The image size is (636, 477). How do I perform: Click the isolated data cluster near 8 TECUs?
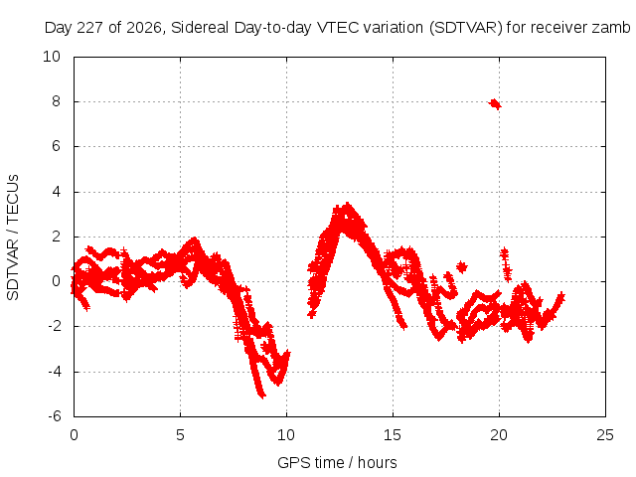coord(495,103)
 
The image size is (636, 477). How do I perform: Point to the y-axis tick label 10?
coord(52,57)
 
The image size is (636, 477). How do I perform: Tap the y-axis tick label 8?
coord(56,101)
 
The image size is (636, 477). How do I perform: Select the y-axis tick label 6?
coord(56,146)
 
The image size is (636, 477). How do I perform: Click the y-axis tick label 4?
coord(56,192)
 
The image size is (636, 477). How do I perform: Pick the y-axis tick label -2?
coord(54,326)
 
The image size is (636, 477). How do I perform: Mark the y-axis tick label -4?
coord(54,371)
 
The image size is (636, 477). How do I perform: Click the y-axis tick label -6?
coord(54,416)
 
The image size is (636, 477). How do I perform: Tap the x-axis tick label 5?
coord(180,435)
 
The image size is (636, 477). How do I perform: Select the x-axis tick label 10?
coord(286,435)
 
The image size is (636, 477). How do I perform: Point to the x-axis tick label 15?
coord(393,435)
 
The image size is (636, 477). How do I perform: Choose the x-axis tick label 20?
coord(499,435)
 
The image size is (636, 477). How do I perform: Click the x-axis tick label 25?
coord(605,435)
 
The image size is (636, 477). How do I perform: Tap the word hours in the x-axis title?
coord(378,463)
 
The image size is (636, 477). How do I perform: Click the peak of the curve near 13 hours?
coord(347,204)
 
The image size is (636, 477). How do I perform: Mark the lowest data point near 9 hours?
coord(262,396)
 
